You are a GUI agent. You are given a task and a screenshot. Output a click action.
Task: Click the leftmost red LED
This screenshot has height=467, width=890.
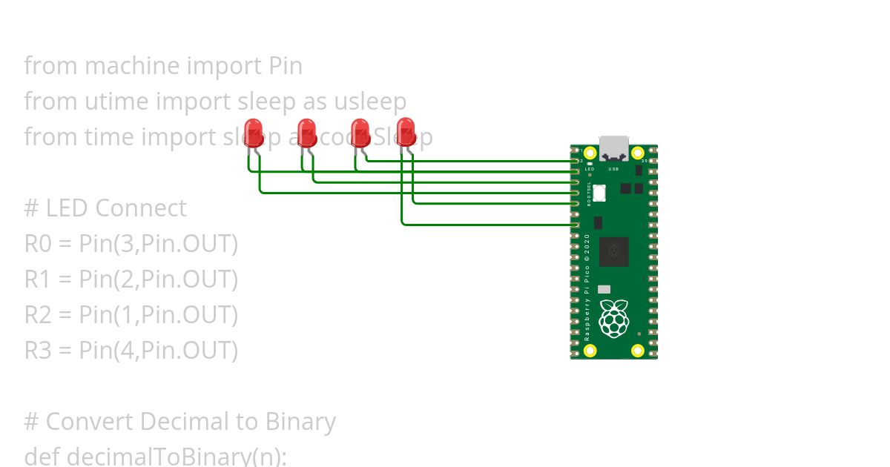254,133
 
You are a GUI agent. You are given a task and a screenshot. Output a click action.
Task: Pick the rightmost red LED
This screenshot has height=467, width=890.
406,131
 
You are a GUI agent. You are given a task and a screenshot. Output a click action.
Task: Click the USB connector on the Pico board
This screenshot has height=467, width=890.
614,148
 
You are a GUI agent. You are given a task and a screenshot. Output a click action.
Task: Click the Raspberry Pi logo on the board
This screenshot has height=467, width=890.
614,319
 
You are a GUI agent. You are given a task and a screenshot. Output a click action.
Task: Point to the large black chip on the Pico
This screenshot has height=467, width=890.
614,252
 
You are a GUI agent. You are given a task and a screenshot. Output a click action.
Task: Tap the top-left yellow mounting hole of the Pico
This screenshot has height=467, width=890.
590,153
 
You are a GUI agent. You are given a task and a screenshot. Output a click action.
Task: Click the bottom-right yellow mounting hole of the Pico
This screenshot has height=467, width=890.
637,351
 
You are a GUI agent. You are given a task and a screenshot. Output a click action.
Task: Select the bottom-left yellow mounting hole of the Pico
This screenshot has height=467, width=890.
590,351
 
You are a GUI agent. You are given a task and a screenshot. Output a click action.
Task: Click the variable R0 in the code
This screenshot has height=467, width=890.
37,244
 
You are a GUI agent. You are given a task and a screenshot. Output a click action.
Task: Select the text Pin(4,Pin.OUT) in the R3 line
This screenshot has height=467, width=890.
158,351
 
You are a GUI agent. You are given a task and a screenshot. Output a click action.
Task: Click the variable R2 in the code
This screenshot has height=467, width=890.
37,315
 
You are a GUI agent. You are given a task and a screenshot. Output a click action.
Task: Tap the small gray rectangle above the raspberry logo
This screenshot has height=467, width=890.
604,289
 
